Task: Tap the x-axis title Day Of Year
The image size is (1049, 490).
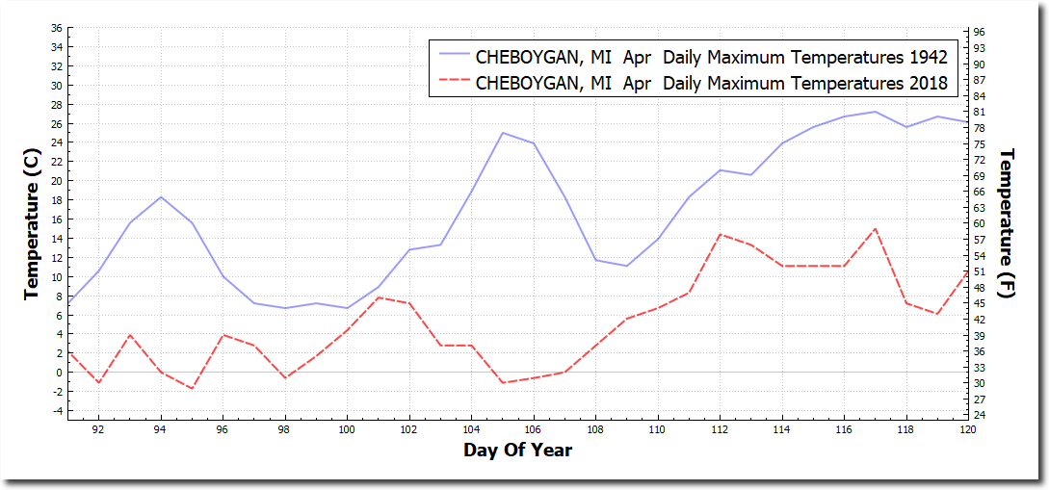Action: (x=517, y=450)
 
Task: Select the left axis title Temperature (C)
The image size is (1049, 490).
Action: (x=32, y=223)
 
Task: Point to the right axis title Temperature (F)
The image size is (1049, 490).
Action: (x=1008, y=223)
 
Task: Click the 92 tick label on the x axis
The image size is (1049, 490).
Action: (x=98, y=429)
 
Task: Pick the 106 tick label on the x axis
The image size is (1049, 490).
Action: (x=534, y=429)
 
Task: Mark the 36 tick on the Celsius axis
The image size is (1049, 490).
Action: (x=57, y=28)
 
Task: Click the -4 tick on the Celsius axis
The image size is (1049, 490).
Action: (x=57, y=411)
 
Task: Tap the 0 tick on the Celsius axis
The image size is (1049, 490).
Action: (x=59, y=373)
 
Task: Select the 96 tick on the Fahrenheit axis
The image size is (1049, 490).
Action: (x=979, y=33)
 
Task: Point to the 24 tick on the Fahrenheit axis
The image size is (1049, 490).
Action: (x=979, y=415)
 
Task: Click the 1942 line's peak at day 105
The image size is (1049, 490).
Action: (x=502, y=133)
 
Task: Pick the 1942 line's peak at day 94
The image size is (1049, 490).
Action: (x=161, y=196)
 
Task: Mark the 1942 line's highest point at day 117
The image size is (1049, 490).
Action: (x=875, y=112)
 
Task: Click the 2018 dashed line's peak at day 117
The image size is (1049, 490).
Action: (x=875, y=229)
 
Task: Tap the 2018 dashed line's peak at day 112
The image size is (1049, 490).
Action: (x=720, y=234)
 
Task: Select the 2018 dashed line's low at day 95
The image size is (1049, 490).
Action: (x=192, y=388)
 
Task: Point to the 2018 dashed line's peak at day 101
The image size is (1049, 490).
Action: (x=379, y=297)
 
